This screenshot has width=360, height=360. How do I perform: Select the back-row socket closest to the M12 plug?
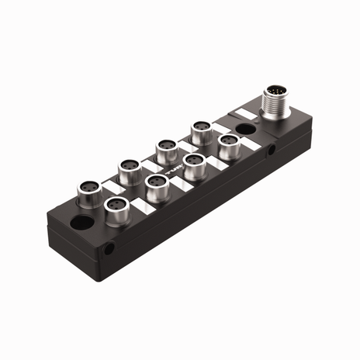point(202,126)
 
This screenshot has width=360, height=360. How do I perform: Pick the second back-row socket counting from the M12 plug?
point(164,145)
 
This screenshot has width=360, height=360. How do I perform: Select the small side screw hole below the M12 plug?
point(271,154)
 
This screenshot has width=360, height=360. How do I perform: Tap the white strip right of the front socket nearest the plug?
point(251,144)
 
